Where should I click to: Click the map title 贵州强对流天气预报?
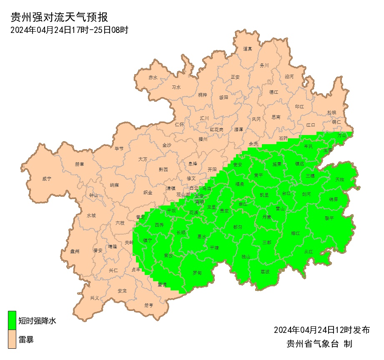pos(59,17)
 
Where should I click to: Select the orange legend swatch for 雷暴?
pos(12,339)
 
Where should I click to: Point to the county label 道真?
pos(248,49)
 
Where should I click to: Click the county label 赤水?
pos(153,77)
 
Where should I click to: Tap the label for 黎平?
pos(329,218)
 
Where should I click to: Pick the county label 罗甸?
pos(197,273)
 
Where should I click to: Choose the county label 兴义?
pos(95,298)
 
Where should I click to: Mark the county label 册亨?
pos(149,305)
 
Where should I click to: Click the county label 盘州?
pos(75,251)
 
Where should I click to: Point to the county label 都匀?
pos(238,227)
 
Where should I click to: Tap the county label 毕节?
pos(119,148)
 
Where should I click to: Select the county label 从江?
pos(308,251)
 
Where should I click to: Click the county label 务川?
pos(264,65)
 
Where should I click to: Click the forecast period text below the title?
pos(69,30)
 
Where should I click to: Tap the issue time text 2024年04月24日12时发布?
pos(321,330)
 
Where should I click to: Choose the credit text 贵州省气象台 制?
pos(319,344)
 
